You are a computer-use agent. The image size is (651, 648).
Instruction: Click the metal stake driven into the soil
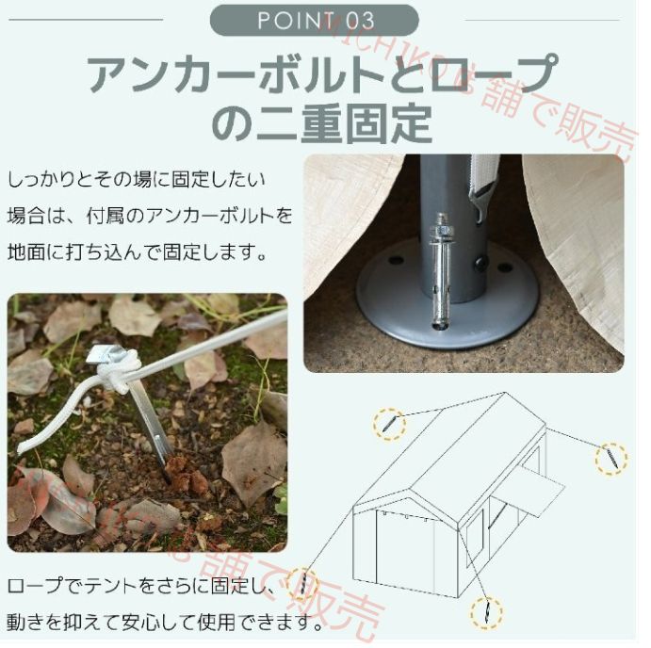151,424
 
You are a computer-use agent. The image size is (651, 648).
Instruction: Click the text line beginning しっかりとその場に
137,178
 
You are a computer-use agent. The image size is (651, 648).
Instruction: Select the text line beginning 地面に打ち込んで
137,253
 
